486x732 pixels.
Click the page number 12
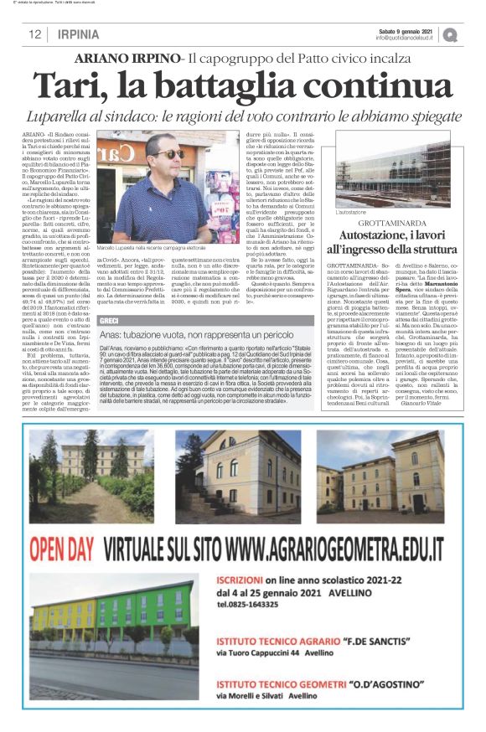pyautogui.click(x=36, y=34)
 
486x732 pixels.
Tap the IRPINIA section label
pyautogui.click(x=79, y=34)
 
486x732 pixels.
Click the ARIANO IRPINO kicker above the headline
pyautogui.click(x=127, y=59)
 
